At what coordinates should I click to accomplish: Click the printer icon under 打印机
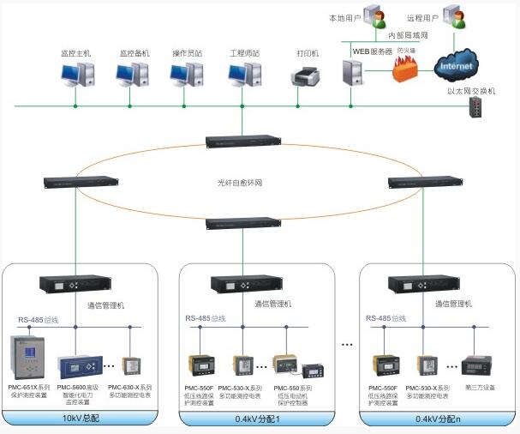[307, 78]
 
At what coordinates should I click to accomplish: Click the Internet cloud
[456, 64]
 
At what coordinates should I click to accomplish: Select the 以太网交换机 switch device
[477, 107]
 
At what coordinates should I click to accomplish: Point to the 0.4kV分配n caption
[433, 419]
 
